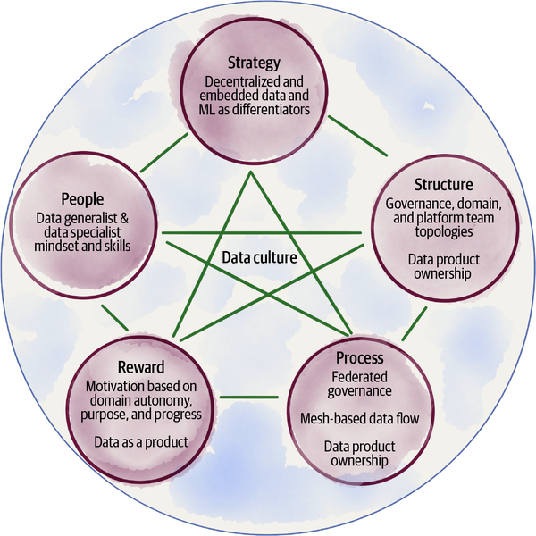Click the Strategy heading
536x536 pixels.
tap(255, 63)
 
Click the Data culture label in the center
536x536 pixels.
tap(259, 259)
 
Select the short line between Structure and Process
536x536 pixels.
tap(413, 327)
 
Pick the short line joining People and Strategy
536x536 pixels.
tap(163, 150)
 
